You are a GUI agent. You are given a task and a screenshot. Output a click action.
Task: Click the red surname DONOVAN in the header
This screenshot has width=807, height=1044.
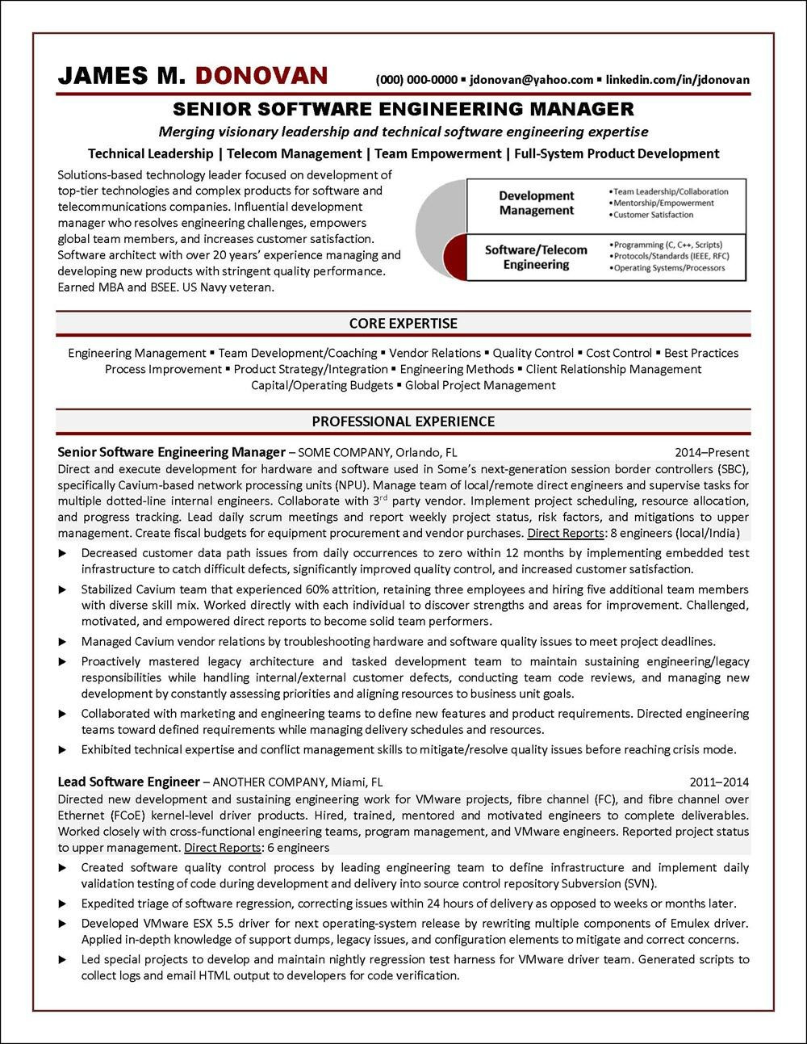click(x=261, y=76)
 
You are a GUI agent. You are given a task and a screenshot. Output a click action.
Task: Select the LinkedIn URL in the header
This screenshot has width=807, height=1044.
click(x=678, y=79)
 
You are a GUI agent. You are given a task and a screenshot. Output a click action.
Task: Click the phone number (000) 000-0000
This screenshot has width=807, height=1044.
click(x=416, y=79)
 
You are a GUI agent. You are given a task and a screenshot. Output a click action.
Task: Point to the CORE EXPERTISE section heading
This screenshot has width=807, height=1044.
click(x=403, y=323)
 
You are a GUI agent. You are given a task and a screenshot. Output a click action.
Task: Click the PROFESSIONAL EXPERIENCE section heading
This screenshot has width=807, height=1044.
click(x=403, y=421)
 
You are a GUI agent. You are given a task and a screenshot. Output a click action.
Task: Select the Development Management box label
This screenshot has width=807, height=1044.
click(x=536, y=203)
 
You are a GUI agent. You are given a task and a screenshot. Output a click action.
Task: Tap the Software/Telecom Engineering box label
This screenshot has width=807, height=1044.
click(x=536, y=257)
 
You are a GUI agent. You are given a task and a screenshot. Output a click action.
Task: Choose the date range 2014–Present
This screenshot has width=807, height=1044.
click(x=712, y=452)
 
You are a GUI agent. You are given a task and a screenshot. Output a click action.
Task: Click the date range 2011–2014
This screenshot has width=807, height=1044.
click(x=719, y=782)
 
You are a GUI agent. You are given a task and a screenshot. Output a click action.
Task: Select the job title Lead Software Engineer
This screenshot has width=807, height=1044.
click(x=128, y=782)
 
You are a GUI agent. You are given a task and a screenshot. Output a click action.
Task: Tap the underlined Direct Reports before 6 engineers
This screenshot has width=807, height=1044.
click(x=222, y=848)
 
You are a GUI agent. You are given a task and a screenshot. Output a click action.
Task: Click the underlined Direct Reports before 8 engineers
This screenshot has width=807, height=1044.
click(x=564, y=533)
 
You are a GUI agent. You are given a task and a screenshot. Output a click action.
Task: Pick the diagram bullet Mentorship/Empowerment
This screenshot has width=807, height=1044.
click(x=663, y=203)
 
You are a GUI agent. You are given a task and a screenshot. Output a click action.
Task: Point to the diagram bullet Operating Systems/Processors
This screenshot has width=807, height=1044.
click(x=669, y=268)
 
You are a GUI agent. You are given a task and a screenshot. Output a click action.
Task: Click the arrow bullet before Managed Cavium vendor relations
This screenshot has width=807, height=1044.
click(x=63, y=642)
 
